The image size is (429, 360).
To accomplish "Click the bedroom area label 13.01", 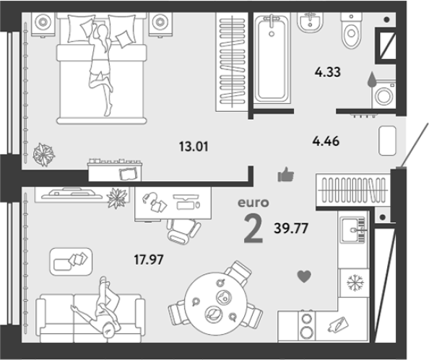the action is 194,146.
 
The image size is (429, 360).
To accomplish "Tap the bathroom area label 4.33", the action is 327,72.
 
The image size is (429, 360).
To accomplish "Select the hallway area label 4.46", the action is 326,141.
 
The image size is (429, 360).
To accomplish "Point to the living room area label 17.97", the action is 149,260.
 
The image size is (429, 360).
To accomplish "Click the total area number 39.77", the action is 291,228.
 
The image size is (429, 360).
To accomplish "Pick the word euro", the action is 253,203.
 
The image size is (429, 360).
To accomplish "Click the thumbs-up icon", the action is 285,175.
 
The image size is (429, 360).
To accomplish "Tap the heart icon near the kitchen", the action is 304,276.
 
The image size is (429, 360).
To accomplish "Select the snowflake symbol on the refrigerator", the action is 355,283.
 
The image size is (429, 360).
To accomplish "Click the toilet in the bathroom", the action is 351,30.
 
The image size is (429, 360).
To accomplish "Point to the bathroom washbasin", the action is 311,22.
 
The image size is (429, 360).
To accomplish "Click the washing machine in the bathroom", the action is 383,94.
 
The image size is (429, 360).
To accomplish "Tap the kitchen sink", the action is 353,230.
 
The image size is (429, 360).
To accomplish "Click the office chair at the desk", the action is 183,230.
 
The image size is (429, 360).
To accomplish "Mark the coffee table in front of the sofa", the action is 71,262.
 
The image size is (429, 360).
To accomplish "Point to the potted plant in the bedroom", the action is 44,154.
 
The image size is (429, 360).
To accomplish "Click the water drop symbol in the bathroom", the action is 371,79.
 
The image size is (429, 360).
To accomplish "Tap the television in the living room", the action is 71,193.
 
